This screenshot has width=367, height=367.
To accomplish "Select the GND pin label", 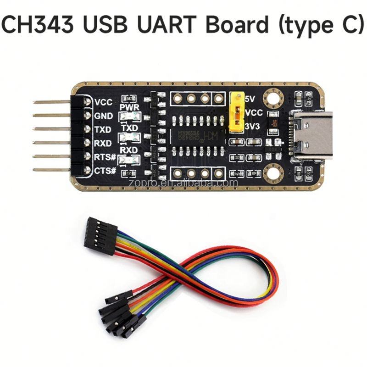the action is coord(101,116).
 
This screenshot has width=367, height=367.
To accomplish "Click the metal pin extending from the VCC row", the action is coord(51,101).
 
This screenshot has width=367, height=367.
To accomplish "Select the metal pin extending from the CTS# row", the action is coord(51,170).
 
